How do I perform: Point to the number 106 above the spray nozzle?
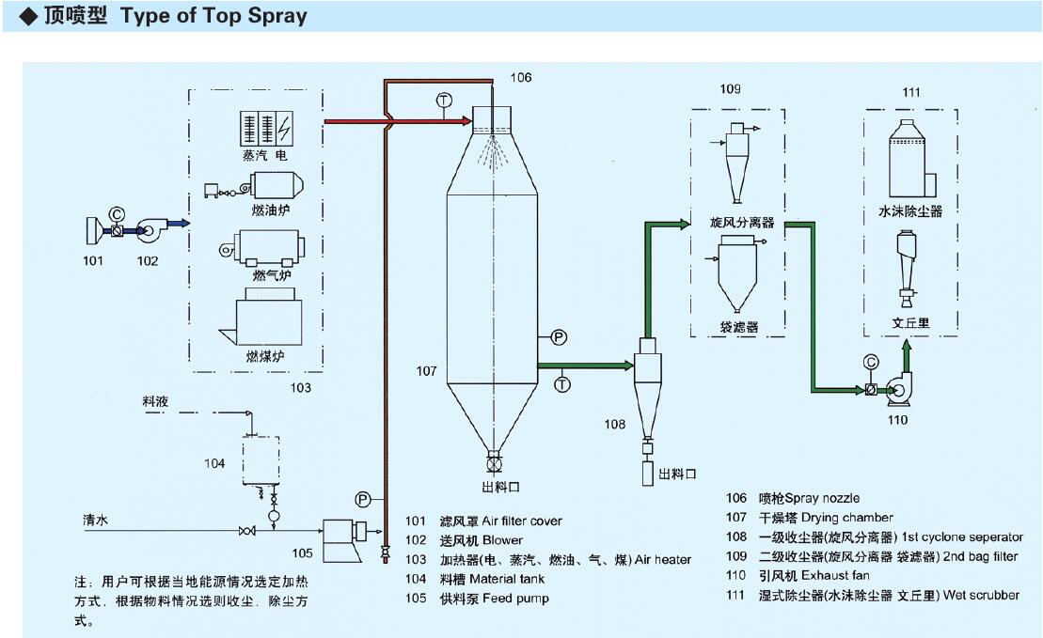(521, 77)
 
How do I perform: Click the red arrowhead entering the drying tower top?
(465, 120)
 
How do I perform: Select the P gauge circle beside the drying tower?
(558, 336)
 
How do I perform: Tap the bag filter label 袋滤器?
(739, 327)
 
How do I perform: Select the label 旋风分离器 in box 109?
(742, 223)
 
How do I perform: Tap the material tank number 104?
(215, 463)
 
